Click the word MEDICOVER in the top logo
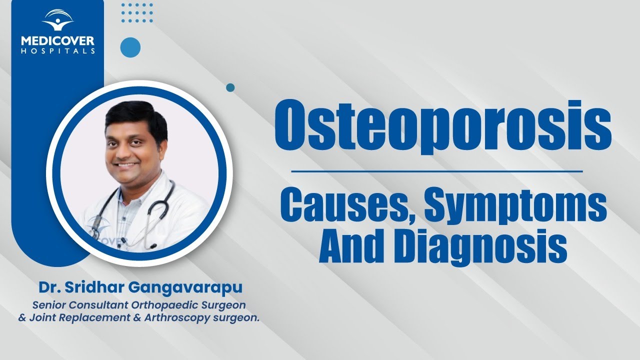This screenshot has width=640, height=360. (x=57, y=41)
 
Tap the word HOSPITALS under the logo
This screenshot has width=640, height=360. (x=57, y=51)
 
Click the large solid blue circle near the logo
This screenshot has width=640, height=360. (x=130, y=47)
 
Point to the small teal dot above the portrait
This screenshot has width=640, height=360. (x=230, y=87)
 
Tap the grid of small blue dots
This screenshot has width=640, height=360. (x=137, y=13)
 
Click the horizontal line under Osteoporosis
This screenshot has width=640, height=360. (x=437, y=171)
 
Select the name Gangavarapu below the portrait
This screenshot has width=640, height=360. (x=185, y=287)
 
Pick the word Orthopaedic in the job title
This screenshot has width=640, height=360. (x=165, y=305)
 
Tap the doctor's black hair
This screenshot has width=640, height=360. (x=135, y=117)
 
